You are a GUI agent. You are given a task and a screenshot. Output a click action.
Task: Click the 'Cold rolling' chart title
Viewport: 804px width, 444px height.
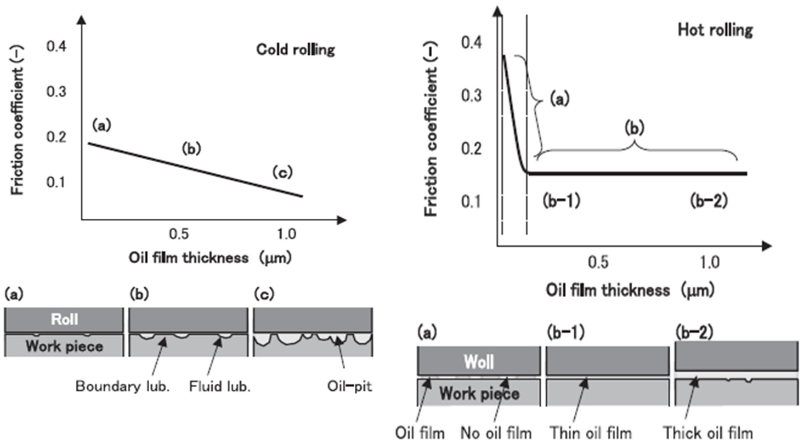coord(296,49)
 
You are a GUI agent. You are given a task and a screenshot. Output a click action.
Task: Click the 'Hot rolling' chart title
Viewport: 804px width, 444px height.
coord(715,30)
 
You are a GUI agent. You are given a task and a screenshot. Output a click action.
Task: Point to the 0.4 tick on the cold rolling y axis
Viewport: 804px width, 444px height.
coord(56,46)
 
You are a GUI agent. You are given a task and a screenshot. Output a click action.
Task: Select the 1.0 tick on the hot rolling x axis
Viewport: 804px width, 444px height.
coord(710,263)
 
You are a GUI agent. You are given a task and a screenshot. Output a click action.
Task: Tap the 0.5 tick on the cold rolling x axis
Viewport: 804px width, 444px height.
coord(179,234)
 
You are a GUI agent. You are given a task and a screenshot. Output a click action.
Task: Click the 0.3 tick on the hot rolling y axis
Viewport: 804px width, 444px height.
coord(471,96)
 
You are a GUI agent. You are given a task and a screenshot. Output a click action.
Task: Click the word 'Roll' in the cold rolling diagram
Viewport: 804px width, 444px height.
coord(64,319)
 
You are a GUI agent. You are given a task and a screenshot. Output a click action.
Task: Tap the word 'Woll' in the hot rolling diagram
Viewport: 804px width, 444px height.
coord(479,362)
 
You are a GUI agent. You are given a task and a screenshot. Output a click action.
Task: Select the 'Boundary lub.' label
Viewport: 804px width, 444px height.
coord(122,386)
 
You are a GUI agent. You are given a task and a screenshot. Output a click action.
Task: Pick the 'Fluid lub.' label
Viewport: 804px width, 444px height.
coord(220,386)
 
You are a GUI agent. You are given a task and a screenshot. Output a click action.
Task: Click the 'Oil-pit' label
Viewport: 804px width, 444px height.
coord(349,386)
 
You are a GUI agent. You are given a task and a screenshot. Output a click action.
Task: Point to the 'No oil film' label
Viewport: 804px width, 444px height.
coord(496,433)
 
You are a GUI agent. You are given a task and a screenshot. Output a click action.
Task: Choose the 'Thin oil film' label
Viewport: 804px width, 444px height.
coord(591,433)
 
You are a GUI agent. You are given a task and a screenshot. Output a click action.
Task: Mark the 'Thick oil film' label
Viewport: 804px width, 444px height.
coord(708,433)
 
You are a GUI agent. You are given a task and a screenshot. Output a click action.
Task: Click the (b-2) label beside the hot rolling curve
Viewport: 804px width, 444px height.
coord(709,201)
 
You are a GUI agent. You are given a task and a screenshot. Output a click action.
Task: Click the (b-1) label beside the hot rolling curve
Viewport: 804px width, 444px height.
coord(562,201)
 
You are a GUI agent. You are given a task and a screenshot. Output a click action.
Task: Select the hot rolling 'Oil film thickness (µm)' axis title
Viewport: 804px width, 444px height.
coord(630,290)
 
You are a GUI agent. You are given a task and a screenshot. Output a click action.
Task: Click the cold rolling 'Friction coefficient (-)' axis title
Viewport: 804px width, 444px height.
coord(17,120)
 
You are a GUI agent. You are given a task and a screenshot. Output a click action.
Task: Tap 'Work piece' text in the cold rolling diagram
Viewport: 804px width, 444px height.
coord(64,346)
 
